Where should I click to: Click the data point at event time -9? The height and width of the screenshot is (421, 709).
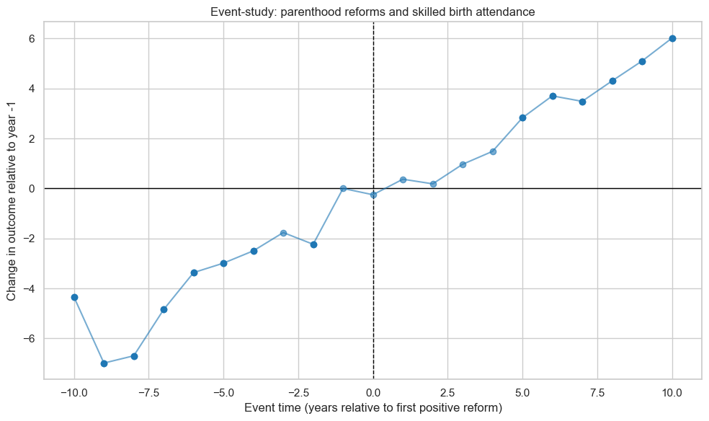pyautogui.click(x=104, y=363)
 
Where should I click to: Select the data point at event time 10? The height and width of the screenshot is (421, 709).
pyautogui.click(x=672, y=38)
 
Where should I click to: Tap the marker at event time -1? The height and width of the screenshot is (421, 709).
pyautogui.click(x=343, y=188)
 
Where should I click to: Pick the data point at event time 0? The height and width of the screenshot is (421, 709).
pyautogui.click(x=373, y=195)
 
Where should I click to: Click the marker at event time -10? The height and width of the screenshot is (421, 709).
pyautogui.click(x=74, y=297)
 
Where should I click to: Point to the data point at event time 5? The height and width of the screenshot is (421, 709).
pyautogui.click(x=522, y=118)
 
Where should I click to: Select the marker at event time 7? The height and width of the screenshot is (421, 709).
pyautogui.click(x=582, y=102)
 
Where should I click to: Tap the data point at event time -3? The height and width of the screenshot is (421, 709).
pyautogui.click(x=283, y=233)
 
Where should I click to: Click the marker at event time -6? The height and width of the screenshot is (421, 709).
pyautogui.click(x=194, y=272)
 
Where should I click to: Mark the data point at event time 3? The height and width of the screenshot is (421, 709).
pyautogui.click(x=463, y=164)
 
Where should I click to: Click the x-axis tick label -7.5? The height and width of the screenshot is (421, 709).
pyautogui.click(x=148, y=393)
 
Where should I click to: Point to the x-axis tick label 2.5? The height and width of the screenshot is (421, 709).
pyautogui.click(x=448, y=393)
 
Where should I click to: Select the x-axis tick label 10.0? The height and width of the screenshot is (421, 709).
pyautogui.click(x=672, y=393)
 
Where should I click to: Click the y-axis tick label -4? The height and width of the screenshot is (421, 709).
pyautogui.click(x=30, y=288)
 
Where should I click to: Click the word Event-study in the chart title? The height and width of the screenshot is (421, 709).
pyautogui.click(x=234, y=12)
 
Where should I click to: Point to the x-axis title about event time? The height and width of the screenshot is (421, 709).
pyautogui.click(x=373, y=408)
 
